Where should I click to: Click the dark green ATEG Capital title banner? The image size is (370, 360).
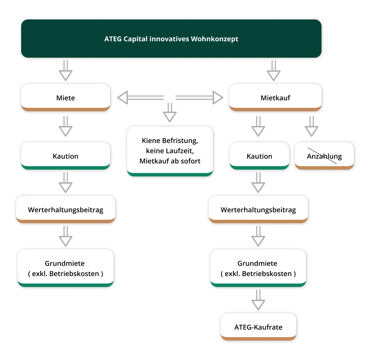click(x=171, y=38)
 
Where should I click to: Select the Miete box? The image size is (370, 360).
click(x=66, y=98)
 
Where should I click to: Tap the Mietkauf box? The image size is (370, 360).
click(x=275, y=98)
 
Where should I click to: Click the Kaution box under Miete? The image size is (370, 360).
click(x=66, y=156)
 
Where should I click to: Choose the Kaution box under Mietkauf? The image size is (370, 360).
click(x=259, y=156)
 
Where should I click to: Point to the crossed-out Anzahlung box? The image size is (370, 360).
click(x=324, y=156)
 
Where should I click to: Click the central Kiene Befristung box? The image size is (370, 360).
click(x=170, y=151)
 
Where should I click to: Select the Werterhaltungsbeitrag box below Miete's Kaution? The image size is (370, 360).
click(x=66, y=210)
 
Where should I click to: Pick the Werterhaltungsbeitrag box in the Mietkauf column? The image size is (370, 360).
click(x=258, y=210)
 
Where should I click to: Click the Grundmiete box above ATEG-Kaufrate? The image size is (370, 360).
click(x=258, y=268)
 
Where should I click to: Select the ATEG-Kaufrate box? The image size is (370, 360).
click(x=258, y=327)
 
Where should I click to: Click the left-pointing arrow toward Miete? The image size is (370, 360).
click(x=140, y=98)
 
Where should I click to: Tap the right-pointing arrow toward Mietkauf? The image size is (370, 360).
click(x=199, y=98)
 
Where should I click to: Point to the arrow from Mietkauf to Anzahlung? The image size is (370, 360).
click(x=311, y=126)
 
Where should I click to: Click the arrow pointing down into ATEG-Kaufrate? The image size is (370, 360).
click(x=258, y=300)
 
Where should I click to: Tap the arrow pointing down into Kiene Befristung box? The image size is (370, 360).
click(x=170, y=113)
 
